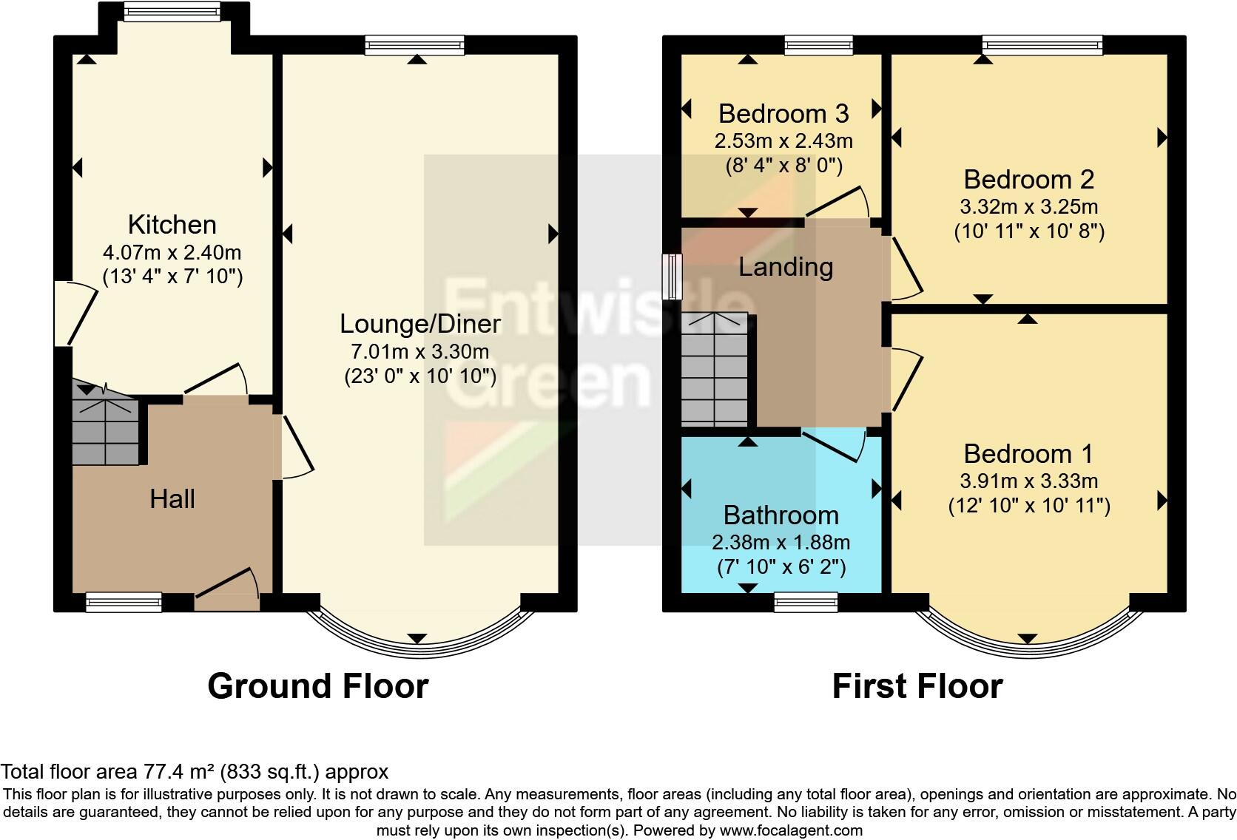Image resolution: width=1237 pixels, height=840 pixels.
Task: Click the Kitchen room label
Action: (172, 224)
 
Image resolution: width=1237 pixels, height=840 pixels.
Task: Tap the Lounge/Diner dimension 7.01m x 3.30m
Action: (419, 351)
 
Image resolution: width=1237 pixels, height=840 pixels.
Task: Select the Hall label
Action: (172, 499)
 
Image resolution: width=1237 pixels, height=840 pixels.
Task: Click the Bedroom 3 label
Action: (783, 113)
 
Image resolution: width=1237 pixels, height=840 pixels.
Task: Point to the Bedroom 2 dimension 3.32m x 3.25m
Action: (1029, 206)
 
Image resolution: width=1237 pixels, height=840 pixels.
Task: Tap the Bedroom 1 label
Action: (1028, 453)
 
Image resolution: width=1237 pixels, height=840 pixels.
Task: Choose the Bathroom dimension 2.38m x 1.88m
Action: (781, 542)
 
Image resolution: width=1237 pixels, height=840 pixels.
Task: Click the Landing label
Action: (786, 267)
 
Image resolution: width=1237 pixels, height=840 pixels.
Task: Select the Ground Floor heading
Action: (317, 685)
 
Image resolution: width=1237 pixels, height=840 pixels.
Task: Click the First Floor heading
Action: (917, 685)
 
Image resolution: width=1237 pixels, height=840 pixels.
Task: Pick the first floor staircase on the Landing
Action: (715, 370)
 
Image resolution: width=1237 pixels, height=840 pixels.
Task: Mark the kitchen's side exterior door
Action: (74, 314)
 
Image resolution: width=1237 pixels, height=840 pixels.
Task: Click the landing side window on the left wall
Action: (672, 277)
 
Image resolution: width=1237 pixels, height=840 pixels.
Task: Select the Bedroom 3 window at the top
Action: (818, 46)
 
